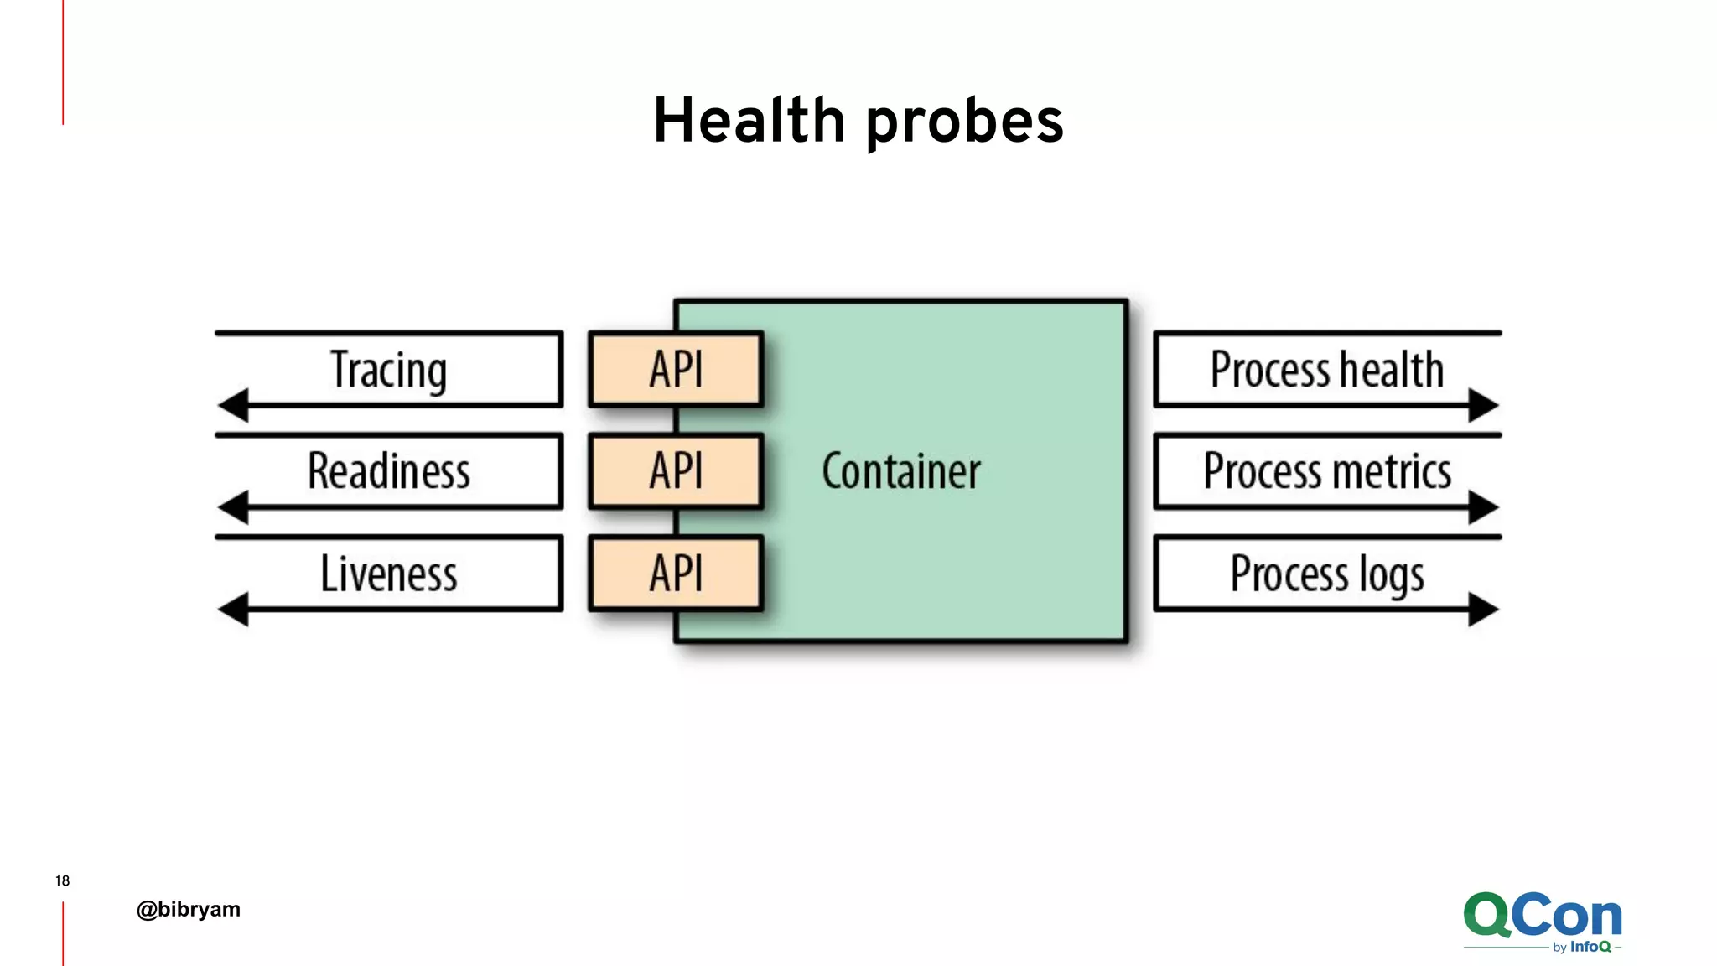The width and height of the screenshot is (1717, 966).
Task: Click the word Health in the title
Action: click(749, 121)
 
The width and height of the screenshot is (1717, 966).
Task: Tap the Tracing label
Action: click(388, 370)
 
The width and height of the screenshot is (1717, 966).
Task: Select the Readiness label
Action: click(388, 471)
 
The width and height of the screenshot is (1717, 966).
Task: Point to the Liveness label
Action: click(388, 574)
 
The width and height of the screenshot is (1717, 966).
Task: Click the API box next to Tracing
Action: click(676, 370)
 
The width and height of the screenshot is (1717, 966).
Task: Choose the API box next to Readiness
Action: click(676, 471)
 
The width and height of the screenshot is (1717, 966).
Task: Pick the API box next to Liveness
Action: click(676, 574)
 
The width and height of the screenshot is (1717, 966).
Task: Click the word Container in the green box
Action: click(900, 471)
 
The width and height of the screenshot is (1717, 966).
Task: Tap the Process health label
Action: click(1326, 370)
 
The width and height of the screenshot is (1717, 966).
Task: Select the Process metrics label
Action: click(1326, 471)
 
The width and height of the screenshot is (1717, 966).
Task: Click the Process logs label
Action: click(1326, 574)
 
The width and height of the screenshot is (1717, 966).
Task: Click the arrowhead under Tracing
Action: click(234, 405)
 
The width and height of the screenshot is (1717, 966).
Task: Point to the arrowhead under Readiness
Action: click(234, 507)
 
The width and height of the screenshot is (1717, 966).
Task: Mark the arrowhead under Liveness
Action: click(234, 609)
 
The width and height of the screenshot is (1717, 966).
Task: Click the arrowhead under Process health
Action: click(1482, 405)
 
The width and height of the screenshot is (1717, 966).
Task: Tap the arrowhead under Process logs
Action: click(1482, 609)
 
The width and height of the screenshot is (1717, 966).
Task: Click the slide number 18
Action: click(62, 880)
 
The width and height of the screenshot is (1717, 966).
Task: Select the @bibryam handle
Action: click(188, 909)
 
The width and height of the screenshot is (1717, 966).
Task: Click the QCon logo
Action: click(1542, 918)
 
